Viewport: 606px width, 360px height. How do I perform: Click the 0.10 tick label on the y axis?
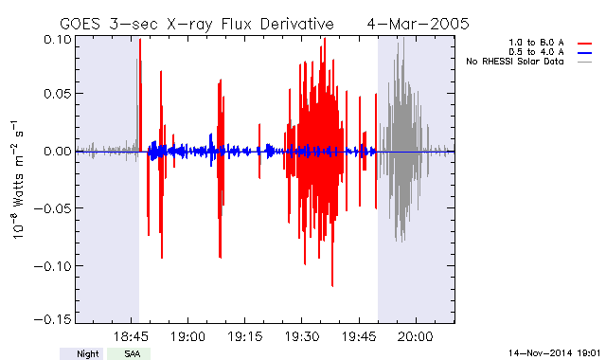(57, 40)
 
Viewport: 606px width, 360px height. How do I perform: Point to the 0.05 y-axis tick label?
(57, 94)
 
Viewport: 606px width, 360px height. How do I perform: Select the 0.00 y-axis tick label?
(57, 152)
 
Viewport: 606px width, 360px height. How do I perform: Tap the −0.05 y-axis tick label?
(53, 208)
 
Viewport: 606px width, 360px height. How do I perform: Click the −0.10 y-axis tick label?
(53, 266)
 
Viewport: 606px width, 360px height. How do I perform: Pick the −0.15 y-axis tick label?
(53, 319)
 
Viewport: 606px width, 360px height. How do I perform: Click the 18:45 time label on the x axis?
(131, 336)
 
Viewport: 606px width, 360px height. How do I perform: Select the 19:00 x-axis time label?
(187, 336)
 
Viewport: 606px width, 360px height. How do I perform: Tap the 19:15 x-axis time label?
(244, 336)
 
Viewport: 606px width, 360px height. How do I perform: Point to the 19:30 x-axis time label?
(302, 336)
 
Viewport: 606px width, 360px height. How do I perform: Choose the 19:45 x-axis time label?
(359, 336)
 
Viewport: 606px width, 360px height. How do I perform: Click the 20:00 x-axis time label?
(416, 336)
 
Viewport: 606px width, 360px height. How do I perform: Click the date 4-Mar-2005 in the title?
(418, 24)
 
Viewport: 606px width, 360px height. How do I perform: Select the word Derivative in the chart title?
(296, 24)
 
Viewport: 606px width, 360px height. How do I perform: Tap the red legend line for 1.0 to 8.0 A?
(585, 44)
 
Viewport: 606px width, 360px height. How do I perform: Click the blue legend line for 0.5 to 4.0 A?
(585, 53)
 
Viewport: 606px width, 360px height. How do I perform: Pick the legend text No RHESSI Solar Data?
(515, 62)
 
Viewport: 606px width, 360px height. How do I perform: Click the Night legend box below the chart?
(81, 353)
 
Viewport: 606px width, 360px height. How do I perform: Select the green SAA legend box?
(129, 353)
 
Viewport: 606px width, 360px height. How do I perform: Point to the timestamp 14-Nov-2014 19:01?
(554, 353)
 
